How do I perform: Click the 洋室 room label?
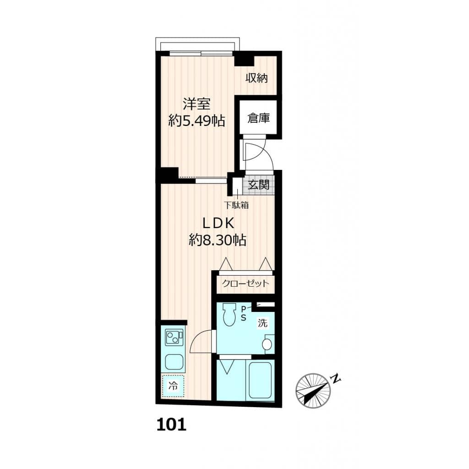[196, 104]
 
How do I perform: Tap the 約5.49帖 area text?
[196, 121]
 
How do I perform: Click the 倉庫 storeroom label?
[258, 118]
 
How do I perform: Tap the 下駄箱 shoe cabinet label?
[236, 206]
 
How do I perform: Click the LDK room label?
[218, 223]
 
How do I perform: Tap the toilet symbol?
[228, 315]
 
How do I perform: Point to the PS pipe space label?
[244, 314]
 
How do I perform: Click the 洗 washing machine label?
[262, 323]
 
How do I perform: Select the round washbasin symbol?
[268, 344]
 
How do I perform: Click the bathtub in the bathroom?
[260, 379]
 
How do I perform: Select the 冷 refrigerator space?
[173, 386]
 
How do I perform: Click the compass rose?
[313, 390]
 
